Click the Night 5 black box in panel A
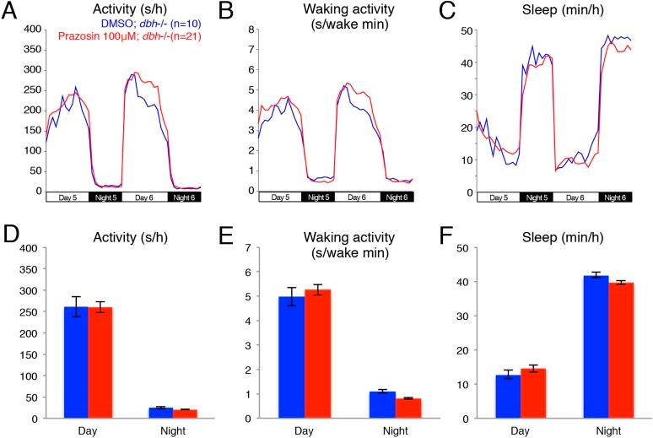click(x=107, y=197)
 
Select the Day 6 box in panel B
click(x=356, y=197)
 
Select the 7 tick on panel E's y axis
click(x=251, y=248)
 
